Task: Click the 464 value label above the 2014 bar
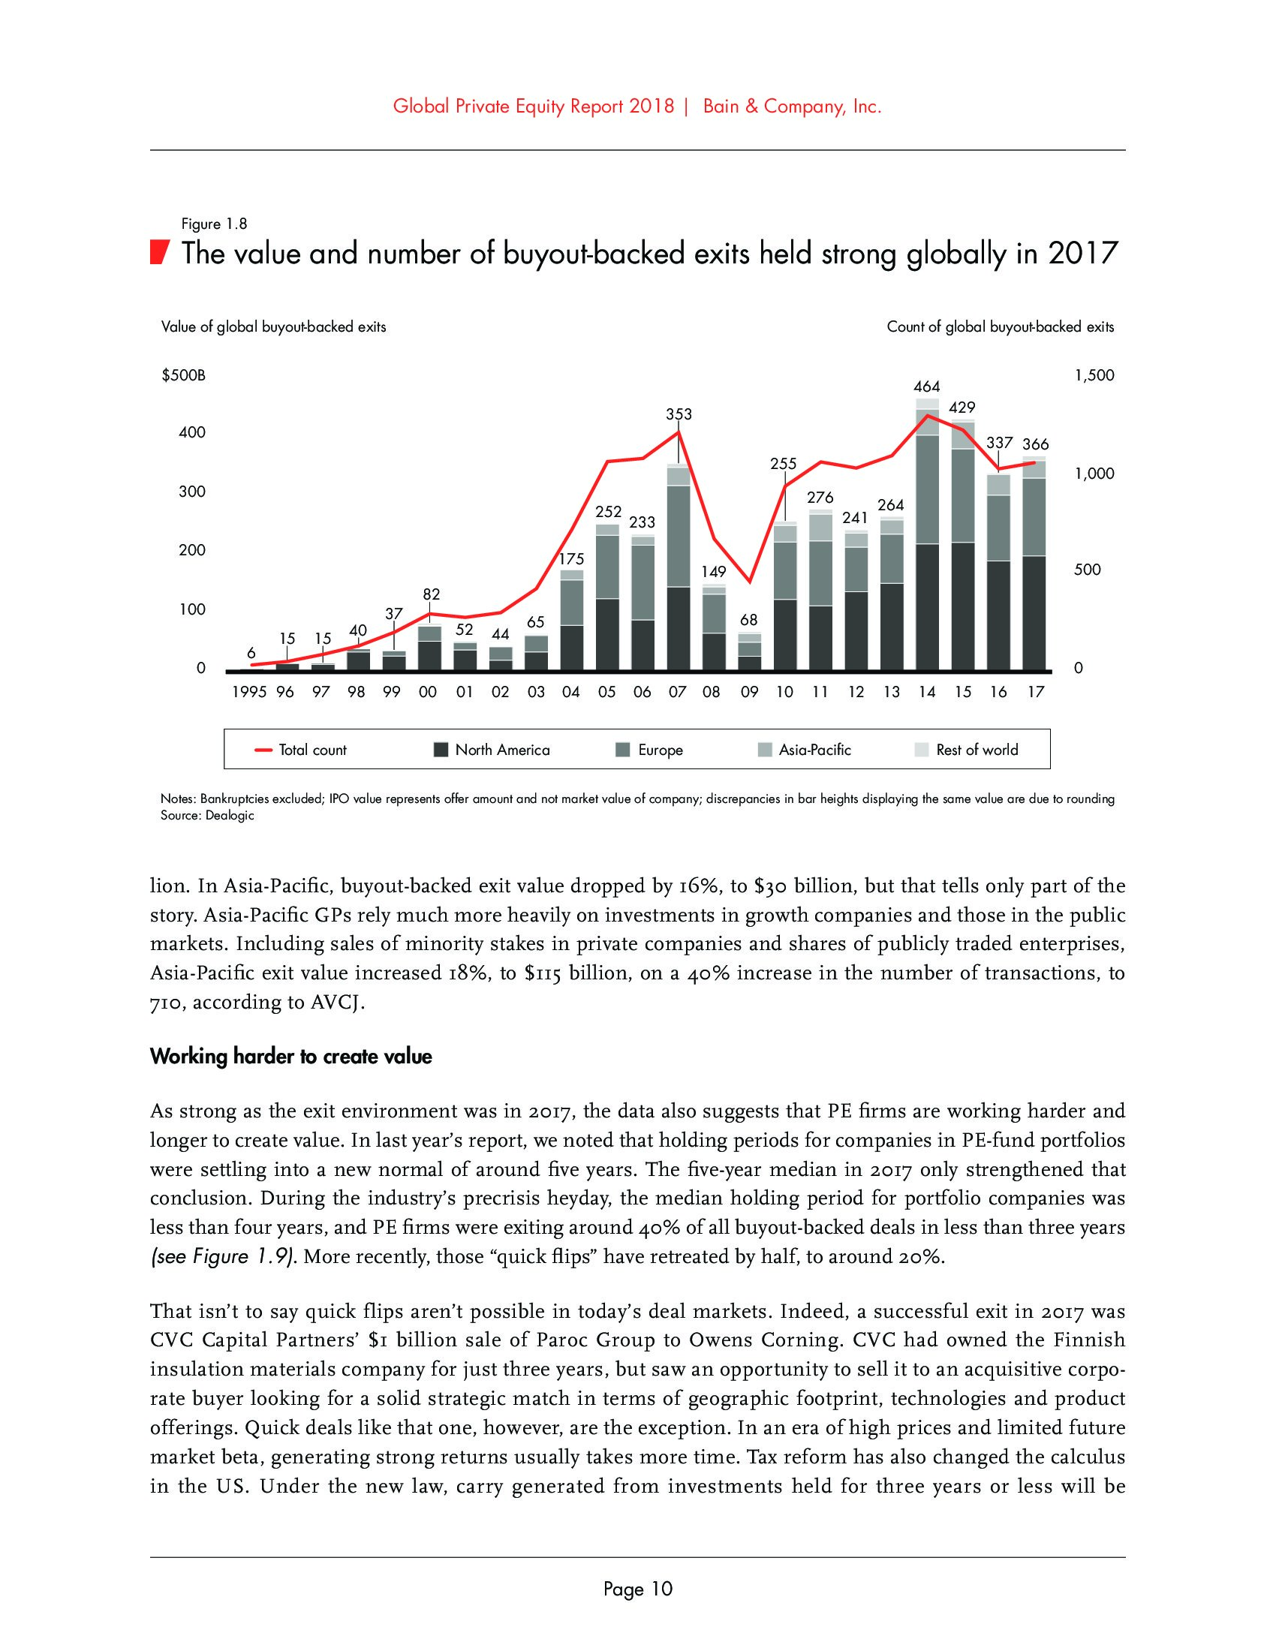tap(927, 386)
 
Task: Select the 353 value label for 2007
tap(678, 414)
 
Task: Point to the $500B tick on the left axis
tap(184, 376)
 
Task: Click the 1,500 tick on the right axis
tap(1094, 376)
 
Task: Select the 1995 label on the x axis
tap(249, 692)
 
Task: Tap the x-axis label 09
tap(748, 692)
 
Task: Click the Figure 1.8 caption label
tap(214, 224)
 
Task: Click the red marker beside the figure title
tap(158, 252)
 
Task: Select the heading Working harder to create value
tap(291, 1056)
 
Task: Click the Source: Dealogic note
tap(207, 816)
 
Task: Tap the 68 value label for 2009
tap(748, 620)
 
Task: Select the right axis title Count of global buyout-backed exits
tap(1000, 327)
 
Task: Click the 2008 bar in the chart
tap(713, 627)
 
